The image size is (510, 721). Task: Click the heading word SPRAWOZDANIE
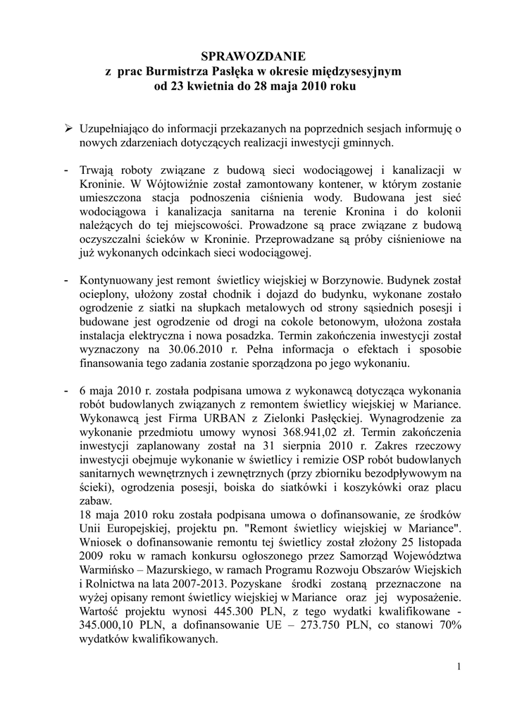(254, 56)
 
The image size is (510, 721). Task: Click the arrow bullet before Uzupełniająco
(70, 128)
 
